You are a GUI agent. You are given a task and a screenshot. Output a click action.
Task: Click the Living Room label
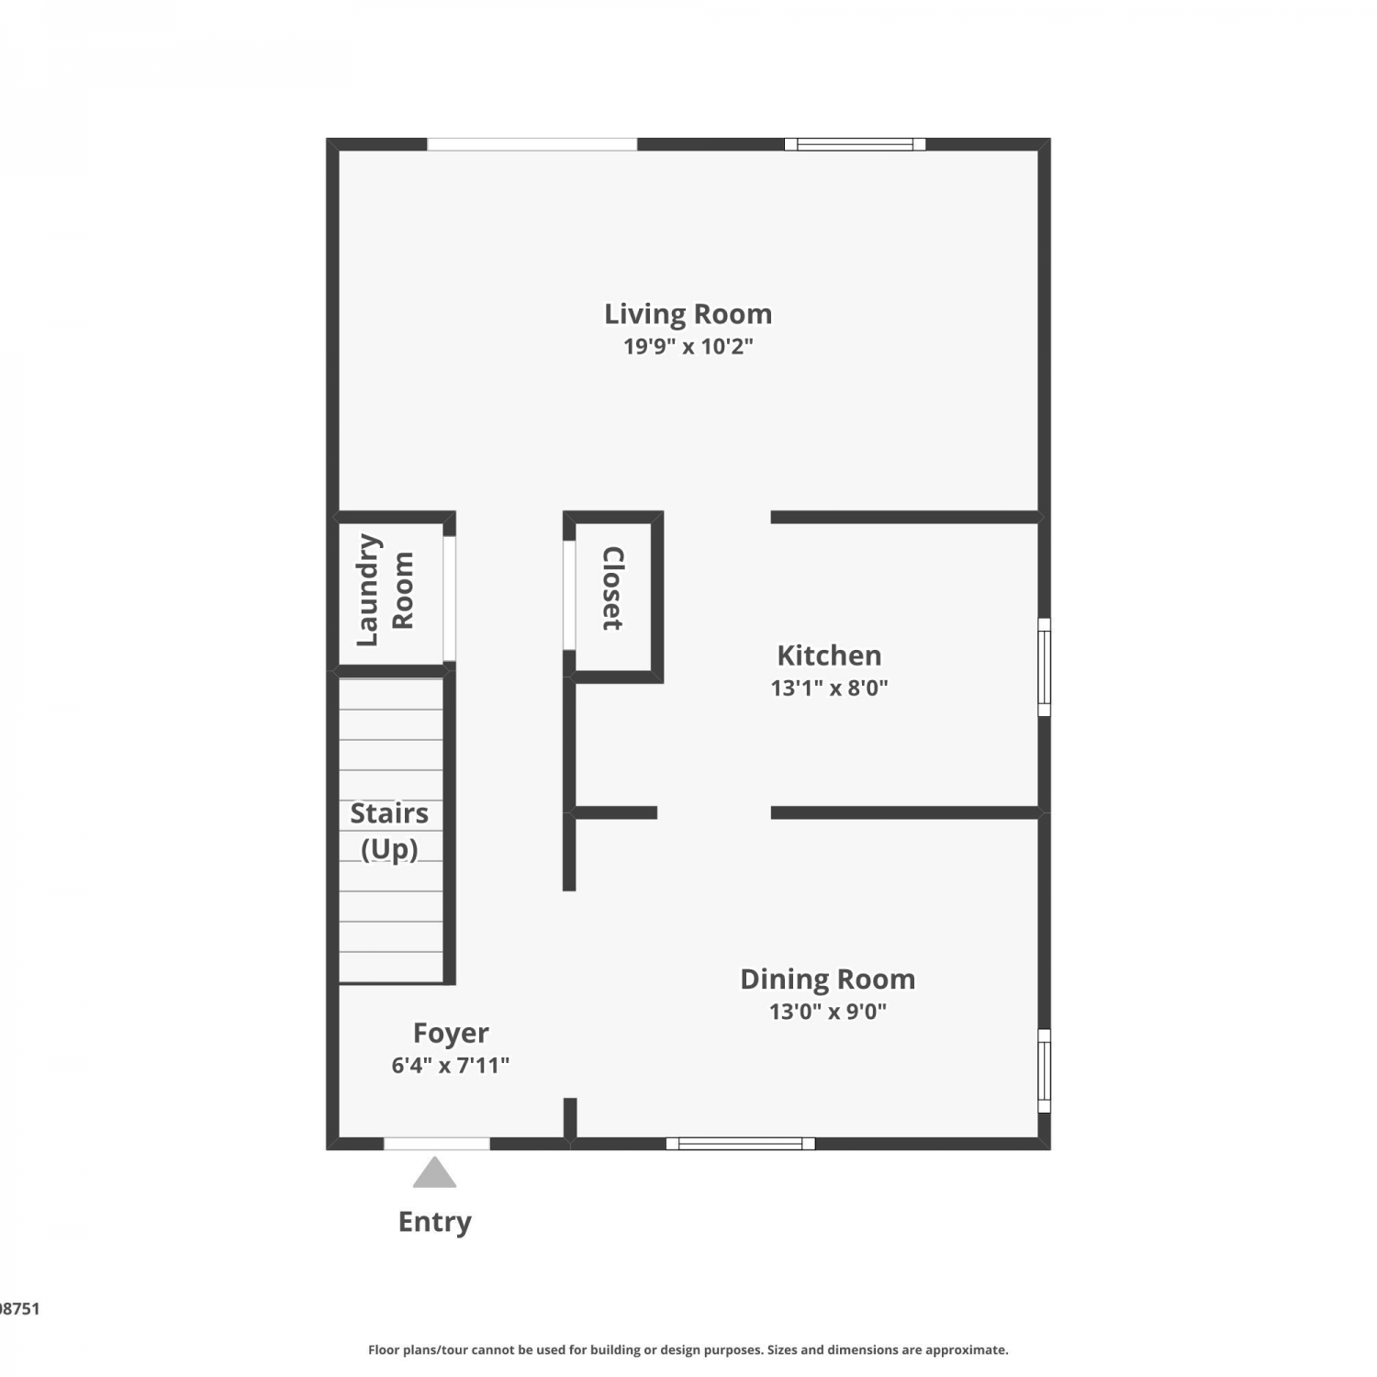pos(688,315)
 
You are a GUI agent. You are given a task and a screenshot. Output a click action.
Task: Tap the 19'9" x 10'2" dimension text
pos(688,346)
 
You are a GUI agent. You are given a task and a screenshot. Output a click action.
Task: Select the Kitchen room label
pos(829,655)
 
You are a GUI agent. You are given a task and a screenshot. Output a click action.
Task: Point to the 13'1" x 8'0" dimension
pos(829,688)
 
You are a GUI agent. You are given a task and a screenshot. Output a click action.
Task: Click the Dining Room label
pos(828,980)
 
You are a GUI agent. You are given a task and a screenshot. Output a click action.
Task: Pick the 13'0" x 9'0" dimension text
pos(828,1012)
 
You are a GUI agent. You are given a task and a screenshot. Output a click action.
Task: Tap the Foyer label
pos(451,1034)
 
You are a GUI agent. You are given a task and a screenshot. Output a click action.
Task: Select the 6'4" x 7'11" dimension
pos(451,1065)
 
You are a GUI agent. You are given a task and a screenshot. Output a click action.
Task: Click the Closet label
pos(613,588)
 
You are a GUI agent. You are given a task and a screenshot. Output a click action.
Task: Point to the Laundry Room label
pos(386,590)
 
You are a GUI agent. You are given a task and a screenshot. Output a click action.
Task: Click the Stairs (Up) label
pos(389,831)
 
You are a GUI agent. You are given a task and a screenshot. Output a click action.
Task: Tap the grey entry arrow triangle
pos(434,1172)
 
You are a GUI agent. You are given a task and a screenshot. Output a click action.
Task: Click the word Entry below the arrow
pos(434,1222)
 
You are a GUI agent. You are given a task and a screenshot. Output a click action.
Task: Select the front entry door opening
pos(437,1144)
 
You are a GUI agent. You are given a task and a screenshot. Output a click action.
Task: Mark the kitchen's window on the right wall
pos(1044,666)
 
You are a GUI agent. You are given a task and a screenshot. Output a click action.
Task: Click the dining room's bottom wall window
pos(741,1144)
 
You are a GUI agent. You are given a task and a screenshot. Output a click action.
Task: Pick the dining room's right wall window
pos(1044,1071)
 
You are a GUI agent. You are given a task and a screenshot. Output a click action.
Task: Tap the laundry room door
pos(450,599)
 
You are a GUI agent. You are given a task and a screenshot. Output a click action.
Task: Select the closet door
pos(569,595)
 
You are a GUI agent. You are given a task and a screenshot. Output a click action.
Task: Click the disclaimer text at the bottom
pos(688,1349)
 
